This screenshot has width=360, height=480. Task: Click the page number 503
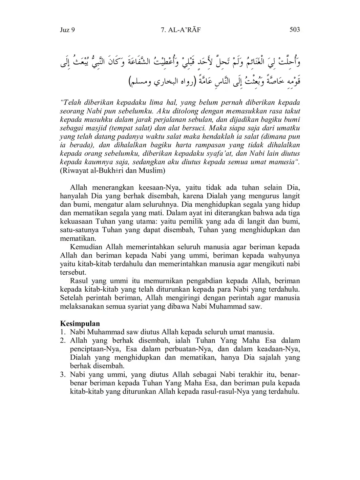coord(295,30)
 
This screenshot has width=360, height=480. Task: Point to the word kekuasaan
coord(75,222)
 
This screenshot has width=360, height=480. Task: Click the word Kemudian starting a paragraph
coord(86,247)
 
